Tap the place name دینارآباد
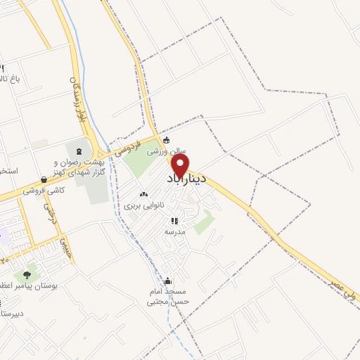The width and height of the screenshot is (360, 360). pos(186,180)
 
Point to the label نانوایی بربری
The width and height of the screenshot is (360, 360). pos(143,205)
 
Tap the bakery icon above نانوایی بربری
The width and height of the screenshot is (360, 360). pos(143,194)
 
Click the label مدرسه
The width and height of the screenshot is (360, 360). pos(174,231)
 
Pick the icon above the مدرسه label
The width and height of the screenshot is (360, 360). pos(174,221)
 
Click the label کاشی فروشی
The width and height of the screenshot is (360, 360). pos(44,191)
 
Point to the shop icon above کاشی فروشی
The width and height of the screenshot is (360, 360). pos(44,180)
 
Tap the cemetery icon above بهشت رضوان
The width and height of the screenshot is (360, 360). pos(79,150)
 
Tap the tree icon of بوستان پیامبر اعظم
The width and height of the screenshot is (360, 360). pos(27,274)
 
